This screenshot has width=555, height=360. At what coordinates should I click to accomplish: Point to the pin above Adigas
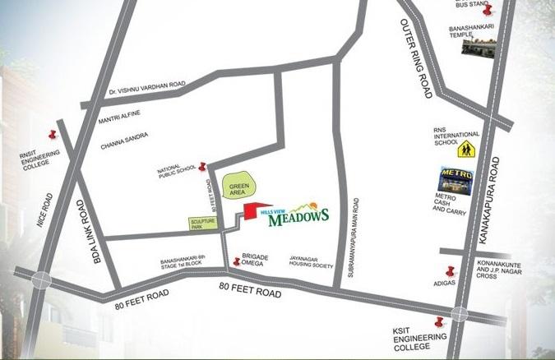pyautogui.click(x=449, y=272)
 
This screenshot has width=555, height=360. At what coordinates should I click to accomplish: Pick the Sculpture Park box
pyautogui.click(x=202, y=222)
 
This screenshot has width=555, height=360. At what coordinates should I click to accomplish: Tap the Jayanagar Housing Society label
pyautogui.click(x=310, y=261)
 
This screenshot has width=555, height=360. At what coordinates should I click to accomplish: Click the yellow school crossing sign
pyautogui.click(x=466, y=149)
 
